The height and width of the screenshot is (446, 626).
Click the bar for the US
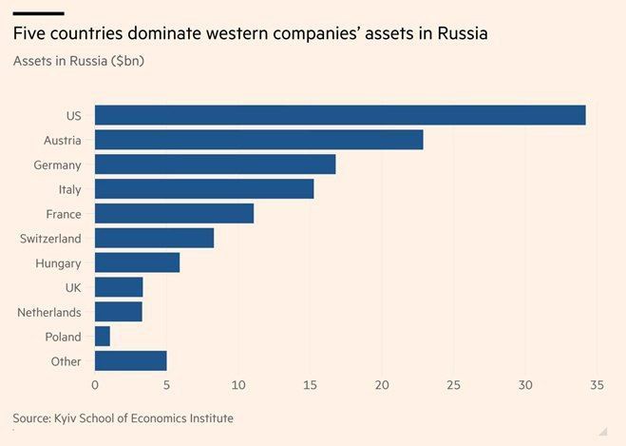(x=340, y=115)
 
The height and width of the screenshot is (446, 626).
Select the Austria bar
(x=258, y=140)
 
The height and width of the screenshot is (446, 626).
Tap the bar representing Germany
(x=215, y=165)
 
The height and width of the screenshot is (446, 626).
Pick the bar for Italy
(x=204, y=189)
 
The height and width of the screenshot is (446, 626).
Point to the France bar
(x=174, y=213)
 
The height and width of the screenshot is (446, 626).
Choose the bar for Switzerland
(x=154, y=238)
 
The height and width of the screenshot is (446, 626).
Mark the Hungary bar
(x=137, y=262)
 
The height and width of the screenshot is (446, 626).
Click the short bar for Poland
(x=103, y=336)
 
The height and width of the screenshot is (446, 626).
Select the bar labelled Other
(x=130, y=360)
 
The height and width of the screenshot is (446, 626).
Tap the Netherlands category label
(x=49, y=312)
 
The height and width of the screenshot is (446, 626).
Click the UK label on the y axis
(x=72, y=287)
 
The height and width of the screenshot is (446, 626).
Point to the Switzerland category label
(x=50, y=239)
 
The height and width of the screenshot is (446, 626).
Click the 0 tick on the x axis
(x=95, y=385)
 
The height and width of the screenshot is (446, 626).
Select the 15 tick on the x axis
(x=311, y=385)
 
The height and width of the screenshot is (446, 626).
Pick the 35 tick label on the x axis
(x=597, y=385)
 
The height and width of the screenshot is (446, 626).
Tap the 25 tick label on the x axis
(x=453, y=385)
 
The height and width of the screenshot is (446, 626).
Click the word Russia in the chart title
(x=463, y=35)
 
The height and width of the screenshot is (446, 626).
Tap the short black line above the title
(x=38, y=13)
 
